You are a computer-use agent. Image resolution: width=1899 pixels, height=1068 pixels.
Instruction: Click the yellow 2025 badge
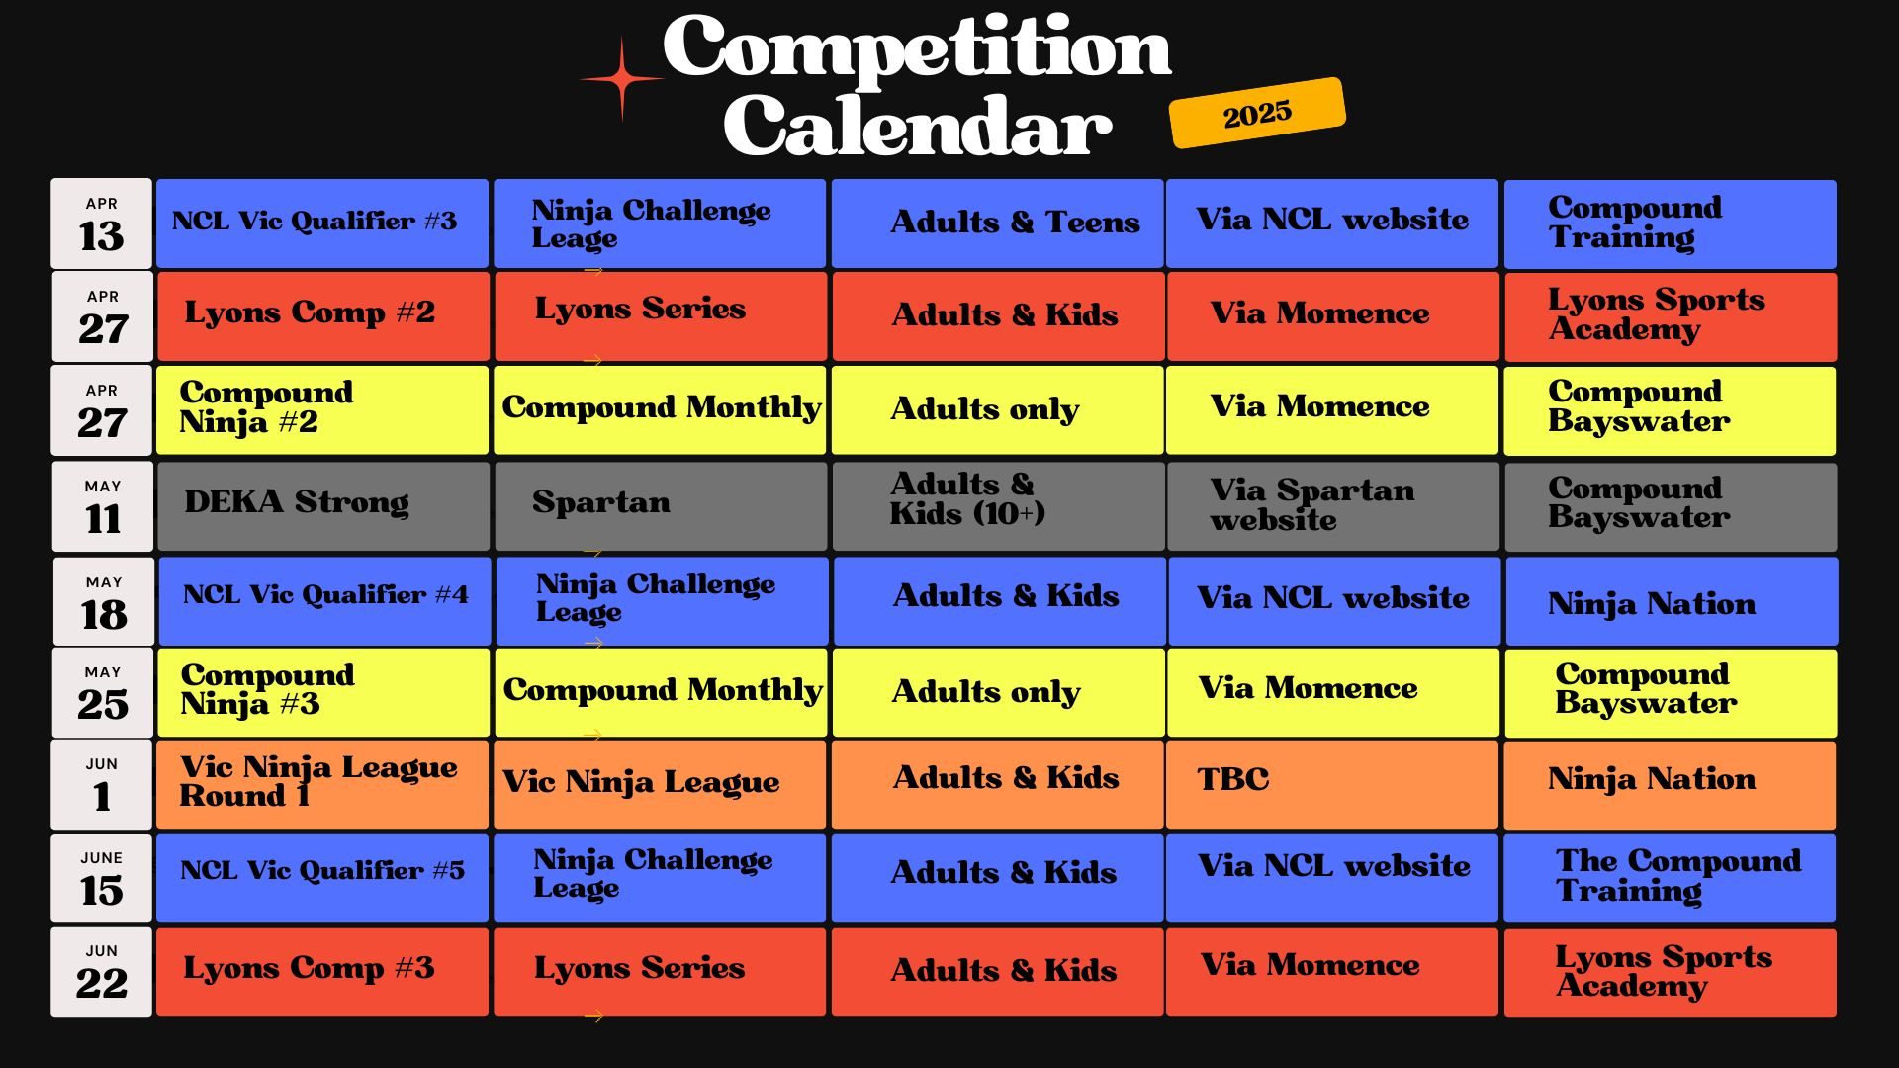click(1257, 113)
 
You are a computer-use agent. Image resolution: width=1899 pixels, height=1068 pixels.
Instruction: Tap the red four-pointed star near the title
click(622, 79)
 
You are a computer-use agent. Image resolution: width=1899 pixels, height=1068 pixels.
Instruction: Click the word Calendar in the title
click(918, 126)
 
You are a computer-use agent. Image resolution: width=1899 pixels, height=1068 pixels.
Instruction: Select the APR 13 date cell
click(102, 223)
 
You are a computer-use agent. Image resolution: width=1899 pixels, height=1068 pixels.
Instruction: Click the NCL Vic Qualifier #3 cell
click(322, 223)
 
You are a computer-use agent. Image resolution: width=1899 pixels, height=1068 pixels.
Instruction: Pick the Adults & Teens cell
click(997, 223)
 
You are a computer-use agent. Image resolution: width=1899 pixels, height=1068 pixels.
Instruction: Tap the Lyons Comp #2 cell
click(323, 316)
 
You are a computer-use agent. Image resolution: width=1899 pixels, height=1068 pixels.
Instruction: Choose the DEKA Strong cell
click(323, 506)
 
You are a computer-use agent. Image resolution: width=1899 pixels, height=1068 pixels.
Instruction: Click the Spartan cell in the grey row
click(661, 506)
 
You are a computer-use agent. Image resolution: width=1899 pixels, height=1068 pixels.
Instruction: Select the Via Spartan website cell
click(1333, 506)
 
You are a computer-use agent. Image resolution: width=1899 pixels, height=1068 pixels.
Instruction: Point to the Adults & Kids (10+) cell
click(998, 506)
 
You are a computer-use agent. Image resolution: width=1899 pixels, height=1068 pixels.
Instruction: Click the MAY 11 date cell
click(103, 506)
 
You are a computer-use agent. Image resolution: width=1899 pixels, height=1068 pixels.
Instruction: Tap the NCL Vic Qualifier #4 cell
click(324, 601)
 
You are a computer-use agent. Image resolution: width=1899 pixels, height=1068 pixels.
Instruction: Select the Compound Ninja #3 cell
click(323, 692)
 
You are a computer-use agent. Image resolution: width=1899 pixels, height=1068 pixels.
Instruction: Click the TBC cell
click(1332, 784)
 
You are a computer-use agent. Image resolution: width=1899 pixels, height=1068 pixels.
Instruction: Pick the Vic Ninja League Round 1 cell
click(322, 784)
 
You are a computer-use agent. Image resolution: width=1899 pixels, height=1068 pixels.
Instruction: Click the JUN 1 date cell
click(102, 784)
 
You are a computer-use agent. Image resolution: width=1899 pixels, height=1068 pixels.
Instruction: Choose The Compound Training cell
click(1670, 877)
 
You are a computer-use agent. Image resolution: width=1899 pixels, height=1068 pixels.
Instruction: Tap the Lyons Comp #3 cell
click(322, 971)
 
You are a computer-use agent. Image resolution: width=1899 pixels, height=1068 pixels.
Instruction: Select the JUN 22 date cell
click(102, 971)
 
